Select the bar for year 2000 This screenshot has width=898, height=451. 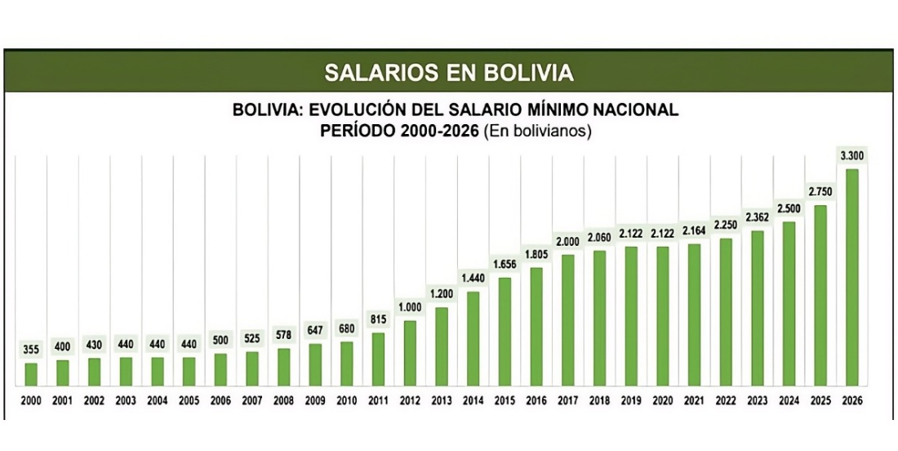pos(31,373)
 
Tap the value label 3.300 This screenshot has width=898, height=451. pos(851,155)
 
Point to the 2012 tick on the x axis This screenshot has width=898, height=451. pos(410,401)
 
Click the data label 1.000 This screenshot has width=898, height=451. pos(410,306)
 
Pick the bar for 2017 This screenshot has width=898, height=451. pos(567,319)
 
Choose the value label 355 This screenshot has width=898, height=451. pos(31,349)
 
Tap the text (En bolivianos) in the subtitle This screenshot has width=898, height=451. pos(537,131)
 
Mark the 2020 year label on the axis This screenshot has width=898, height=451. pos(662,401)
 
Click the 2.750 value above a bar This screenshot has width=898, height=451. pos(820,190)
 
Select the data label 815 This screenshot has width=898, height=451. pos(378,319)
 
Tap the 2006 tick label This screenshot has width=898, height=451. pos(220,401)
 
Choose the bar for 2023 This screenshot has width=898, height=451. pos(757,308)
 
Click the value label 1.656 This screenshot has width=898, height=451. pos(505,264)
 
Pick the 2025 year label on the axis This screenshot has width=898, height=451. pos(820,401)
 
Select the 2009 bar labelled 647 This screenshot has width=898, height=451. pos(315,364)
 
